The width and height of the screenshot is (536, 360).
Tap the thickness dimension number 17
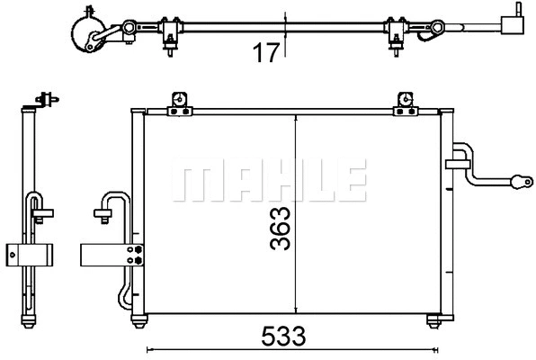click(264, 53)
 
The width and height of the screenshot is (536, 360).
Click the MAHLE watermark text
click(268, 182)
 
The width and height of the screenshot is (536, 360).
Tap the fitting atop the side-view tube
click(41, 100)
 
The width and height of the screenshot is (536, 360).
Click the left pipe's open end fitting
click(101, 214)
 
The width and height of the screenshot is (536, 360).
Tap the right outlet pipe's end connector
click(520, 181)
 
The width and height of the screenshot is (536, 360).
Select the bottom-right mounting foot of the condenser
click(436, 320)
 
